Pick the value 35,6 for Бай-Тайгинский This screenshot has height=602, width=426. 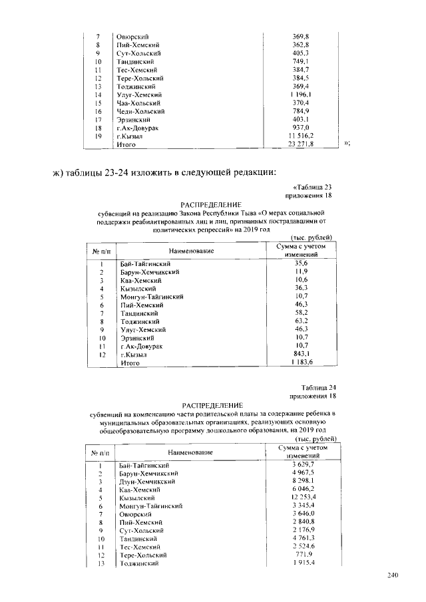(301, 263)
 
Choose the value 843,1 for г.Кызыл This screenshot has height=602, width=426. (301, 354)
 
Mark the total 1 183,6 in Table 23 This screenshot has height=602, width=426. (301, 363)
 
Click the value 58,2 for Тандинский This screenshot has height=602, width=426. (301, 313)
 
